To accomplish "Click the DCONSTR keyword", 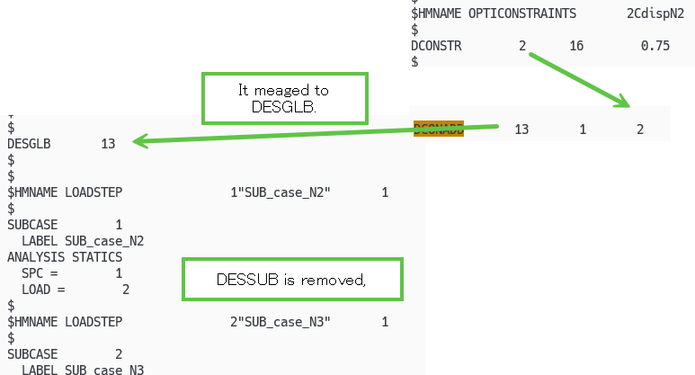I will (436, 46).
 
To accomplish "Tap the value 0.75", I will (655, 46).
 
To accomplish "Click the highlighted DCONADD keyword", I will (439, 129).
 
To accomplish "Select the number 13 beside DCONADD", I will (521, 129).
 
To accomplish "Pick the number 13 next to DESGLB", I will (109, 144).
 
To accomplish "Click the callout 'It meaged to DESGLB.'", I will (284, 99).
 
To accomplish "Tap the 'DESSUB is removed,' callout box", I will (291, 280).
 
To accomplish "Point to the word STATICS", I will (96, 256).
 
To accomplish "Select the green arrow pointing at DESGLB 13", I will (315, 134).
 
